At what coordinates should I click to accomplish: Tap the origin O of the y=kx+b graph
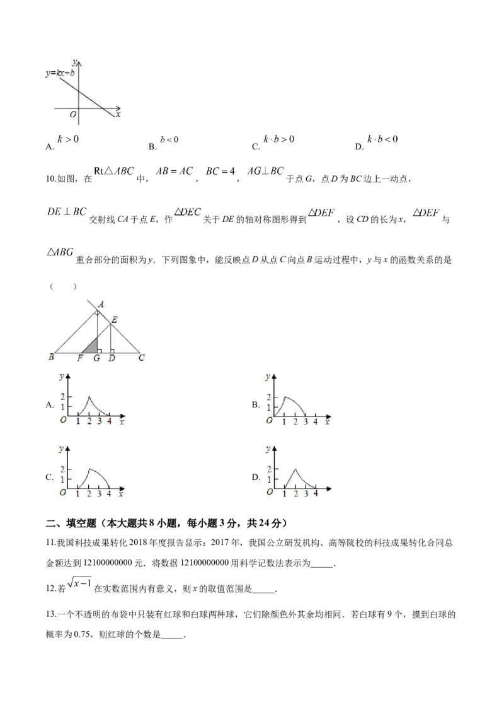coord(73,114)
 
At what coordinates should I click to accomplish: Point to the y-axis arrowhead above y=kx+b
coord(79,61)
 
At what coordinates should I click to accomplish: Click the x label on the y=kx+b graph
coord(118,114)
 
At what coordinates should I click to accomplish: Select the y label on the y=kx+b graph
coord(74,61)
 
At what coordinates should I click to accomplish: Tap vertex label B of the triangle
coord(50,358)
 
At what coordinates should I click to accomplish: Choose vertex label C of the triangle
coord(141,358)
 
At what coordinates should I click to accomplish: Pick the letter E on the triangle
coord(114,320)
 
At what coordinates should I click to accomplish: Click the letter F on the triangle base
coord(80,358)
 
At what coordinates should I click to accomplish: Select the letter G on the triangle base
coord(96,358)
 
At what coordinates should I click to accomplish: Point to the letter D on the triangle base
coord(112,358)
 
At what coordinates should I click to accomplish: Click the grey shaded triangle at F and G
coord(92,347)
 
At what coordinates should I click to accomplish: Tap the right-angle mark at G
coord(100,350)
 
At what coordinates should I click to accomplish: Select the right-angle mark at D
coord(113,350)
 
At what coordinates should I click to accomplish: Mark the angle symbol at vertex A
coord(98,312)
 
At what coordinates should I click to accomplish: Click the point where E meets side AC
coord(110,324)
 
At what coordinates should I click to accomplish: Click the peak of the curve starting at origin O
coord(285,397)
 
